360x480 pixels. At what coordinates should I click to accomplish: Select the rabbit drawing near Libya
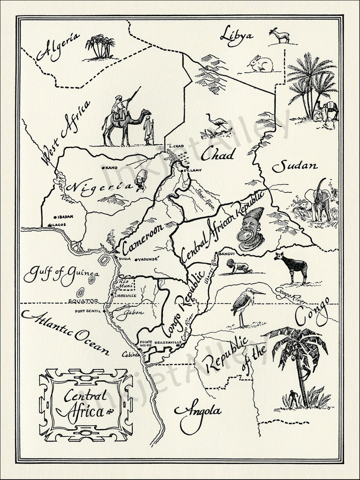point(261,64)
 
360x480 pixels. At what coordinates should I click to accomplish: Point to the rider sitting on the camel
point(119,107)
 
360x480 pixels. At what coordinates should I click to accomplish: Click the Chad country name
point(218,155)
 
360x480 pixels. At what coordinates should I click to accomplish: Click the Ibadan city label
point(64,217)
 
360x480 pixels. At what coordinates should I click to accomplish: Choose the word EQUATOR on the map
point(83,300)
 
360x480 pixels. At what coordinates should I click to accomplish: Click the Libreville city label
point(126,295)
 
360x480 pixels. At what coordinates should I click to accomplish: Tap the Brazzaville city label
point(168,342)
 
